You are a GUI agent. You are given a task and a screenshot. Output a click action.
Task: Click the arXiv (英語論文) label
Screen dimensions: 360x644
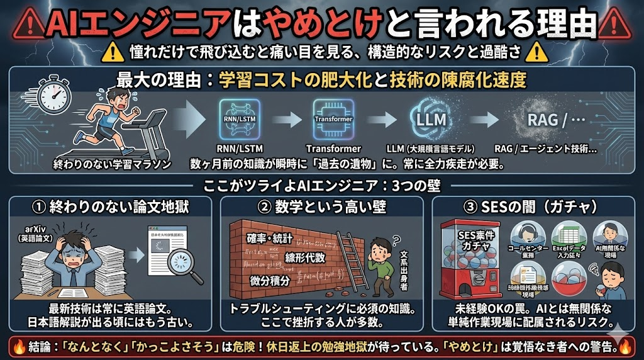tap(30, 233)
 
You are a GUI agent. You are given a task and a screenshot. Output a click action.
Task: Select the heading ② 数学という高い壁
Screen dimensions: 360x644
tap(321, 205)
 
